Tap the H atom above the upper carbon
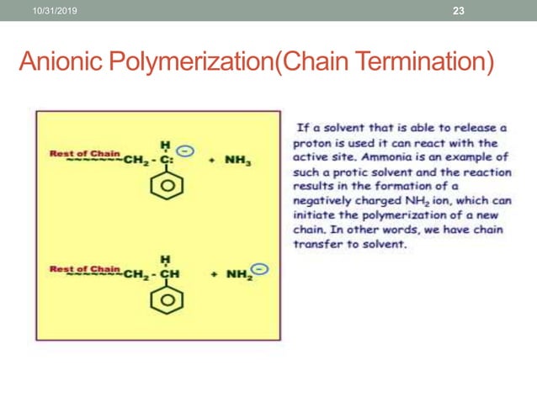click(x=164, y=143)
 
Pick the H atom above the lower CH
click(x=164, y=259)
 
